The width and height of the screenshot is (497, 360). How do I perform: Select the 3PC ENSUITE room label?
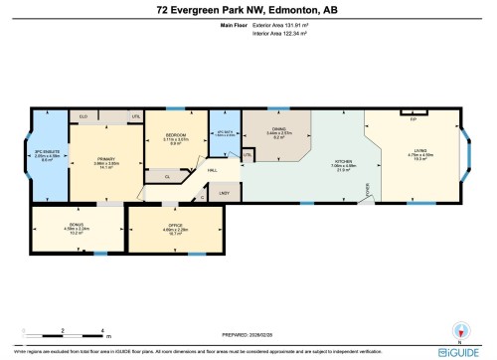tap(47, 154)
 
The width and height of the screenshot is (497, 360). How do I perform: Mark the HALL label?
tap(213, 170)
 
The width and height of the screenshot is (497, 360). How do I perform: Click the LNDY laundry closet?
tap(224, 192)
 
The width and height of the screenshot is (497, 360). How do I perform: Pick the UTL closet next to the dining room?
tap(247, 155)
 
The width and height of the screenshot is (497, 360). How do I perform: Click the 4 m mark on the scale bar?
tap(103, 329)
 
